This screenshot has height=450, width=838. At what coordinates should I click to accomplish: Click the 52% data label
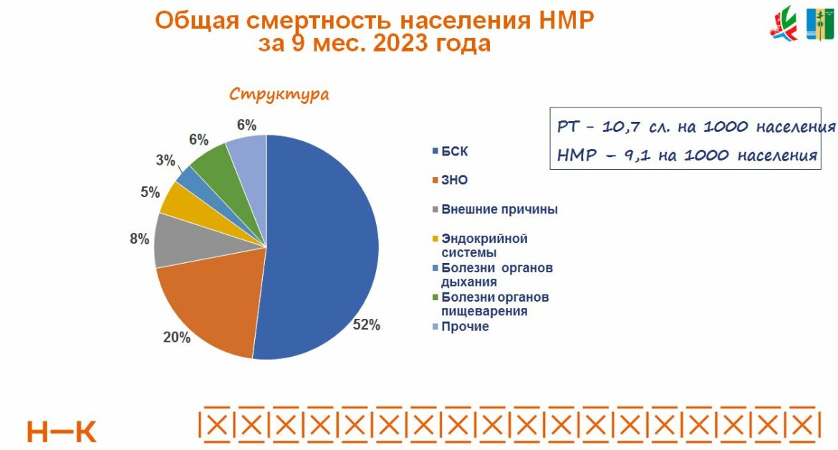click(367, 325)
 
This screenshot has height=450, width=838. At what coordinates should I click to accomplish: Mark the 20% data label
click(177, 337)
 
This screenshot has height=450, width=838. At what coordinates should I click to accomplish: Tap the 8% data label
click(140, 239)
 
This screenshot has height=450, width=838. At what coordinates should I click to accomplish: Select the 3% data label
click(165, 161)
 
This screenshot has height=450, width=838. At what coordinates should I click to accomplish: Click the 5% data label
click(149, 192)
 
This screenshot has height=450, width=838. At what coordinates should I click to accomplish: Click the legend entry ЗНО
click(454, 181)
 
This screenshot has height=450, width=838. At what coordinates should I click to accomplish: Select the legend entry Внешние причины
click(499, 209)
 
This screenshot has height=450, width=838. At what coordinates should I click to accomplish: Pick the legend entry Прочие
click(465, 326)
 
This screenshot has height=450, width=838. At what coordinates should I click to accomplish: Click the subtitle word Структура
click(279, 95)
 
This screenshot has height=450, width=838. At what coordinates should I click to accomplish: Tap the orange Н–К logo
click(62, 431)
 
